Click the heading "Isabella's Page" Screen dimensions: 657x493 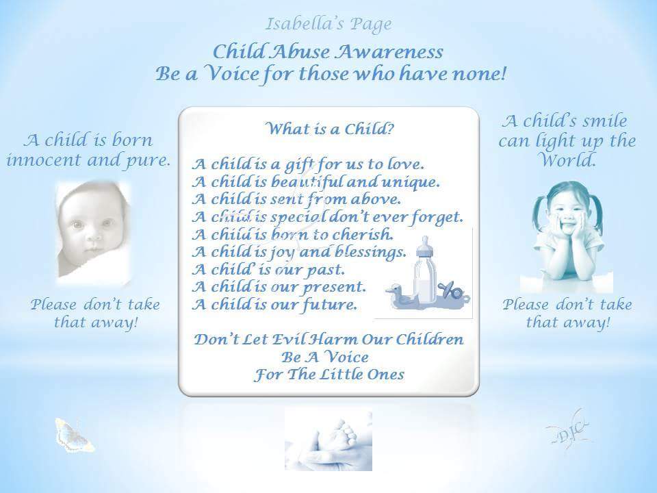click(x=328, y=25)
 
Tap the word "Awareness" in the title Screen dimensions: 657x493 click(x=390, y=52)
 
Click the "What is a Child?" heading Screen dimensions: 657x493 click(x=329, y=129)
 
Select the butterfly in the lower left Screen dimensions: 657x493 click(x=74, y=435)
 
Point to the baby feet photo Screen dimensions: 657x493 click(x=328, y=439)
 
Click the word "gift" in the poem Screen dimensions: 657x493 click(x=300, y=165)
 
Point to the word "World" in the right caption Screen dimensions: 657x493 click(x=567, y=160)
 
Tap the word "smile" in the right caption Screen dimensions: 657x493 click(x=602, y=121)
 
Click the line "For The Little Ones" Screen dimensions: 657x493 click(x=329, y=375)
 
